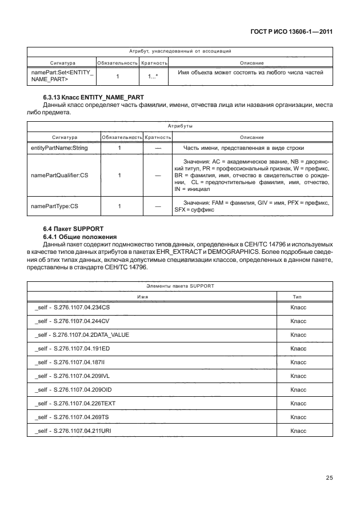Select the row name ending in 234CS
tap(72, 308)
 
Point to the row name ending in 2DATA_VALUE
tap(82, 334)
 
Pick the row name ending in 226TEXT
tap(75, 403)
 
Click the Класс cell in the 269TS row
tap(298, 417)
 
